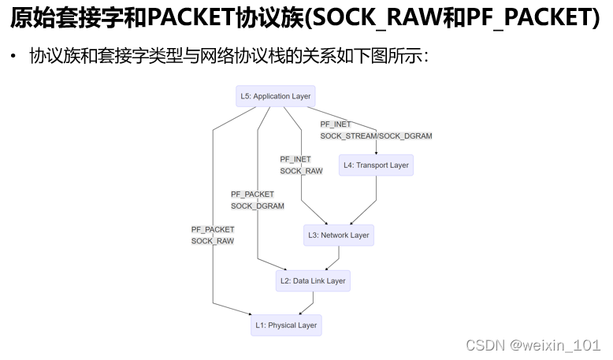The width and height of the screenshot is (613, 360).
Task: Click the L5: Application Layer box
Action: coord(276,96)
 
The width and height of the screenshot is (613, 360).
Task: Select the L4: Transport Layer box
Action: coord(376,165)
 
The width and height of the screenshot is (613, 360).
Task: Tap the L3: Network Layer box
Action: coord(339,235)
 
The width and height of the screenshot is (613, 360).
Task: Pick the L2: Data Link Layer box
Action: coord(313,280)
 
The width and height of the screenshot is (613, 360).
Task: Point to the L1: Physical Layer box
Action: coord(285,325)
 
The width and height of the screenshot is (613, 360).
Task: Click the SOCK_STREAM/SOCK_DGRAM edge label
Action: coord(376,136)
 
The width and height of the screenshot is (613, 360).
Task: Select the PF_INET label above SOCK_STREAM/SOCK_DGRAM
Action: coord(336,124)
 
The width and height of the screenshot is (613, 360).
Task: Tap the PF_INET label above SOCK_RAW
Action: coord(295,159)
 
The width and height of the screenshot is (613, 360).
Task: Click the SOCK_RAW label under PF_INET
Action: coord(301,171)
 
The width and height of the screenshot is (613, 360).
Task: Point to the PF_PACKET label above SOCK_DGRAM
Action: coord(252,194)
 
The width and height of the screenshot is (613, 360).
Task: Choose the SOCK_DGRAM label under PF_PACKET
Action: coord(258,206)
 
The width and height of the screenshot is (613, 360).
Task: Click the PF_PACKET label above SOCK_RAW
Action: coord(213,229)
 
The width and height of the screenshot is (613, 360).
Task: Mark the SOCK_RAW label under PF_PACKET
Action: coord(213,241)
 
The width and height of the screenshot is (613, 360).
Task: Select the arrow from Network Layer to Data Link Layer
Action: coord(334,258)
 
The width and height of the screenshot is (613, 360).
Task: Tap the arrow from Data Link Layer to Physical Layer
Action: coord(307,303)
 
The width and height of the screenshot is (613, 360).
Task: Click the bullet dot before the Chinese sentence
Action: coord(13,57)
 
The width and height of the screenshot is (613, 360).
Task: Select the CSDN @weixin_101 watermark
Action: coord(533,345)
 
